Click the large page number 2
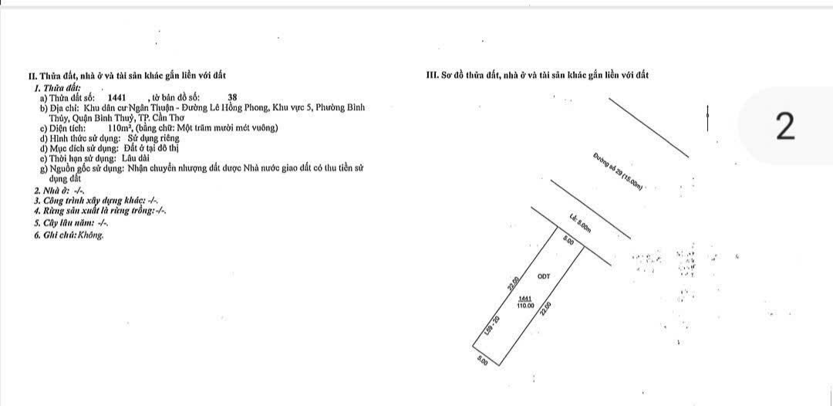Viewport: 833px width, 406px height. (x=785, y=127)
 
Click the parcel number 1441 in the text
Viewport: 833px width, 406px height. (x=117, y=98)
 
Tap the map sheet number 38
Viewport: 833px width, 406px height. (x=233, y=98)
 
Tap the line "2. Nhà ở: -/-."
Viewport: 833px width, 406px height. (x=59, y=190)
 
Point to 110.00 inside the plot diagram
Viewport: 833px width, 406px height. (x=525, y=306)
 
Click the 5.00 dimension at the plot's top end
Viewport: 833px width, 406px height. (x=568, y=241)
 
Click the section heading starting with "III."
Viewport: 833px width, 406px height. (x=538, y=75)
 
